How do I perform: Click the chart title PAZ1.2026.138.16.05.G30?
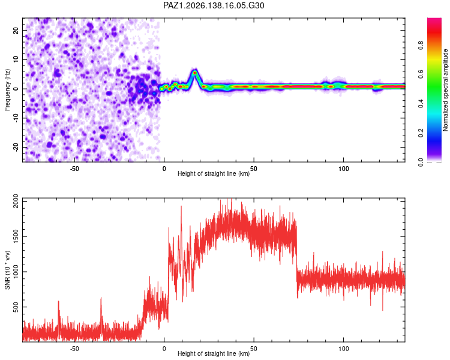tap(214, 5)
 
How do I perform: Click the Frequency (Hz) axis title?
tap(7, 89)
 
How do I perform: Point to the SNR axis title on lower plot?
tap(7, 270)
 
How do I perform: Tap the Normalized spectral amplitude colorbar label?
tap(445, 89)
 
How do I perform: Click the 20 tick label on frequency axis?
tap(16, 30)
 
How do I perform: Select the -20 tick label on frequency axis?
tap(16, 147)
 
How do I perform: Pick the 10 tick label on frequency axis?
tap(16, 59)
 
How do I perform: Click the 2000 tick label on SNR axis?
tap(16, 201)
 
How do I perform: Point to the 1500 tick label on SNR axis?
tap(16, 236)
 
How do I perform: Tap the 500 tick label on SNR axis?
tap(16, 307)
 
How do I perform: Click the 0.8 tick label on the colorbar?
tap(421, 45)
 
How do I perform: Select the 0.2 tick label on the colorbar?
tap(421, 133)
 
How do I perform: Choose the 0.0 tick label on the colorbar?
tap(421, 162)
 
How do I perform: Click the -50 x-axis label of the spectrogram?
tap(74, 169)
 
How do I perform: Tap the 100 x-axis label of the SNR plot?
tap(344, 349)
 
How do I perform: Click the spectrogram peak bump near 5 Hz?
tap(194, 73)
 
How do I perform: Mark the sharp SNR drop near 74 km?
tap(297, 259)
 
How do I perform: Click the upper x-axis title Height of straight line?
tap(214, 173)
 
